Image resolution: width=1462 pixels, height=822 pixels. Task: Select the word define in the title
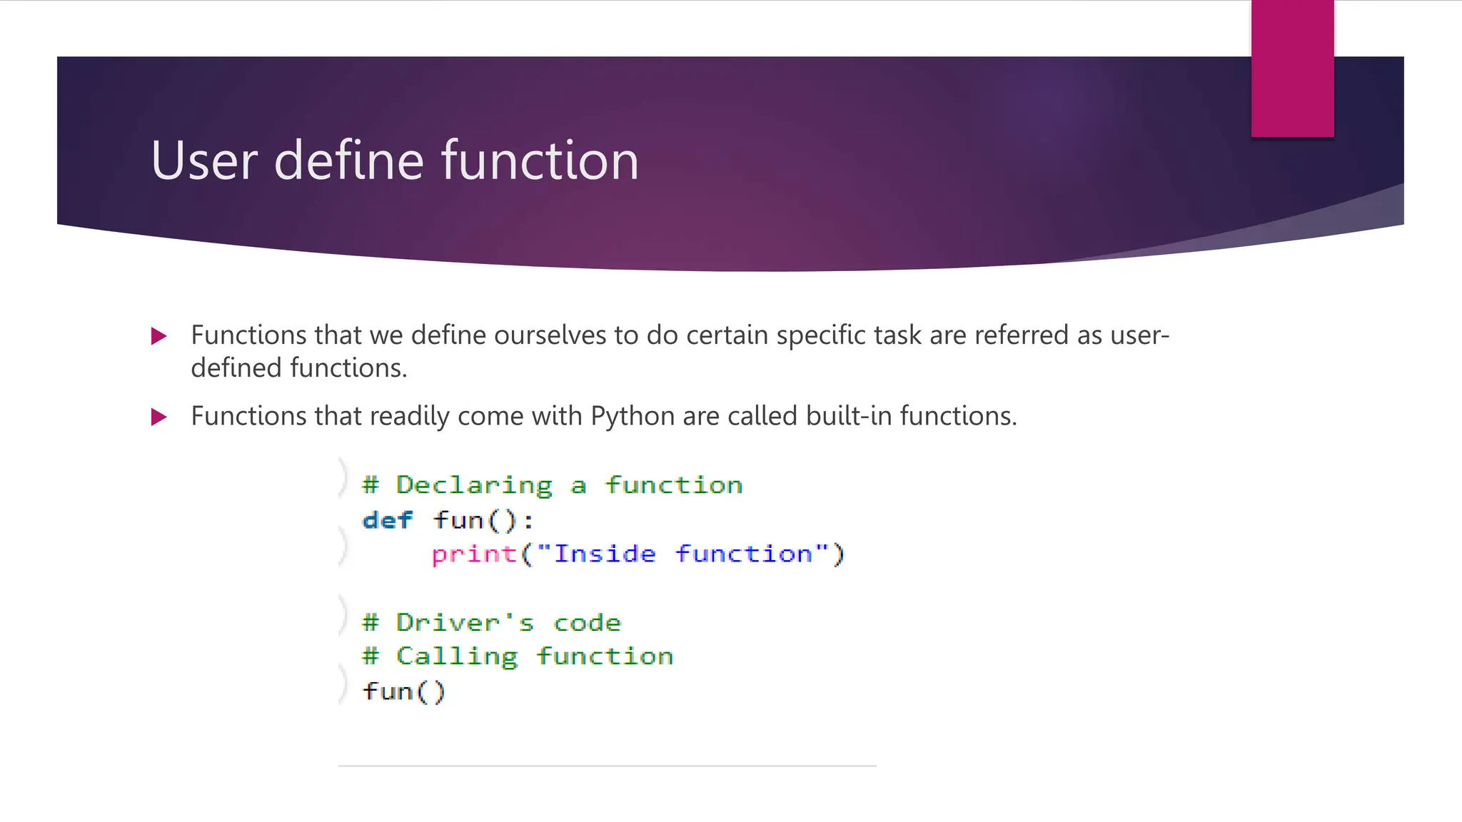pos(349,161)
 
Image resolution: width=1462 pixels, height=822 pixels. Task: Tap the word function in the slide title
pos(540,161)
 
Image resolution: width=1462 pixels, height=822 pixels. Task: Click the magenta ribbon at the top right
pos(1292,68)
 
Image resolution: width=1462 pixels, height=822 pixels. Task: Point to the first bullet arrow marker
pos(159,336)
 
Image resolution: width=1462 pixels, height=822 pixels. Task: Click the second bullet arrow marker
pos(159,417)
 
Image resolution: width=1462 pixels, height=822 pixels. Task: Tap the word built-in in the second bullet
pos(849,416)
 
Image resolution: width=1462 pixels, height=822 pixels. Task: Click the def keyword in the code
pos(387,520)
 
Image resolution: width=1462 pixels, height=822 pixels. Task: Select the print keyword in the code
pos(474,554)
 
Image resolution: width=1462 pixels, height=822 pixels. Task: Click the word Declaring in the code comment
pos(474,486)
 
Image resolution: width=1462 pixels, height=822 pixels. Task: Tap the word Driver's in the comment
pos(465,623)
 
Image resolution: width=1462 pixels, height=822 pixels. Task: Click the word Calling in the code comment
pos(457,657)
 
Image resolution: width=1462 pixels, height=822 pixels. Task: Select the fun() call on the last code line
pos(404,691)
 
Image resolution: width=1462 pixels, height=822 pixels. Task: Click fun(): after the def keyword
pos(483,520)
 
